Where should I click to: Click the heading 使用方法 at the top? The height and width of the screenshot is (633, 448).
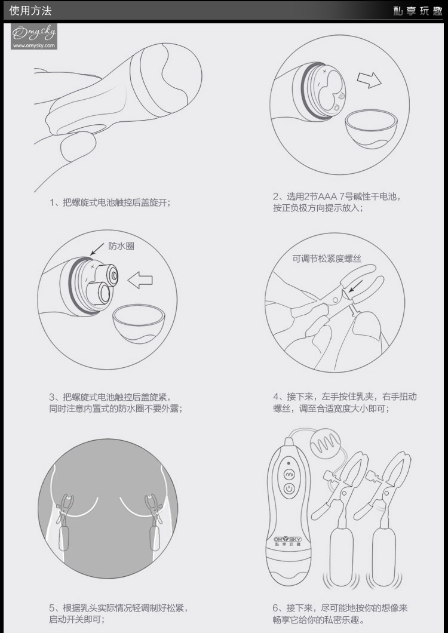point(30,11)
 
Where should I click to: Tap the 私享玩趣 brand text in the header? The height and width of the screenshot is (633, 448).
point(418,11)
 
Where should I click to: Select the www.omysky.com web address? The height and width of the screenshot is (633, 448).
point(33,45)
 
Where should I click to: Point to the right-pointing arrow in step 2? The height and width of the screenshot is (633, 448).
point(369,80)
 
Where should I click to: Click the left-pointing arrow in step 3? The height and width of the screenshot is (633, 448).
point(140,279)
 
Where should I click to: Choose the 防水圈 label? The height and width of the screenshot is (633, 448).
point(121,246)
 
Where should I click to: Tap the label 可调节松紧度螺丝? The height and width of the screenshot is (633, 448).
point(327,259)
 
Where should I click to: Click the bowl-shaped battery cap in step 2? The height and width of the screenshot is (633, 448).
point(372,128)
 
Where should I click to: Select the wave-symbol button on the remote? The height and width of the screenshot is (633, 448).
point(289,475)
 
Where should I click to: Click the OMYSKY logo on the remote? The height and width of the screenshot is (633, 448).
point(287,539)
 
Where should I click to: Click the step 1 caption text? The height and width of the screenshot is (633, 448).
point(110,202)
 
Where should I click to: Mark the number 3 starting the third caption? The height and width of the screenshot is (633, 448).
point(52,397)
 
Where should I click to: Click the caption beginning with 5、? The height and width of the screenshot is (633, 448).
point(119,613)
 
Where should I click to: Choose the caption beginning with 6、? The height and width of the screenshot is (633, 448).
point(340,613)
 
